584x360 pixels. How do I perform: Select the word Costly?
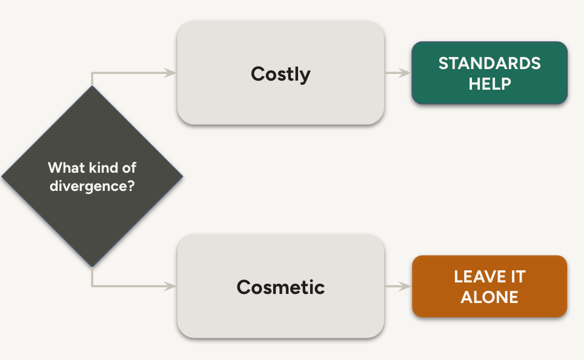(280, 74)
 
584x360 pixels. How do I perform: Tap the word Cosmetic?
(280, 287)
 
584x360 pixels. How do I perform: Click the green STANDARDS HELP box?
(489, 73)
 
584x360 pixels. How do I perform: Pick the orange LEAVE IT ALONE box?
(489, 287)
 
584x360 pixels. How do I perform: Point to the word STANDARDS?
(489, 63)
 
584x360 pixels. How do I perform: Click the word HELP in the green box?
(489, 83)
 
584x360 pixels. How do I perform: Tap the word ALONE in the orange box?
(489, 297)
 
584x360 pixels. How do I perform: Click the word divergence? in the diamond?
(92, 185)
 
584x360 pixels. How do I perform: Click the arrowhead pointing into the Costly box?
(171, 73)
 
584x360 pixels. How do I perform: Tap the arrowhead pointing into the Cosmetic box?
(171, 286)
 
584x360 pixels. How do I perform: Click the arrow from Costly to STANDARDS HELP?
(397, 73)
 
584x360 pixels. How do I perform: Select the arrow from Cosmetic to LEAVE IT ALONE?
(397, 286)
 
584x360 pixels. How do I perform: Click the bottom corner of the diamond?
(92, 265)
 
